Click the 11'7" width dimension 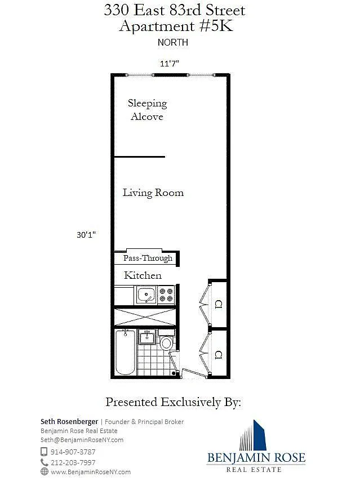(170, 64)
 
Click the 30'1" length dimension (86, 235)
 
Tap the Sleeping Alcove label (147, 110)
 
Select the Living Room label (153, 193)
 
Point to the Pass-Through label (148, 258)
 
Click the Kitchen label (143, 275)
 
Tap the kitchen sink (146, 295)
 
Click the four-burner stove (166, 295)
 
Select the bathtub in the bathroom (125, 353)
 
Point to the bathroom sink (146, 337)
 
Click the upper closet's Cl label (218, 304)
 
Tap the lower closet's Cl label (218, 355)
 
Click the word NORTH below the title (173, 42)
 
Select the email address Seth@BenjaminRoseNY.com (82, 440)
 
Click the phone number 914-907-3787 (73, 452)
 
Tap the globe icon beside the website (45, 471)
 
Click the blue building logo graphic (253, 435)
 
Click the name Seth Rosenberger (69, 422)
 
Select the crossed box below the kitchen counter (145, 317)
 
